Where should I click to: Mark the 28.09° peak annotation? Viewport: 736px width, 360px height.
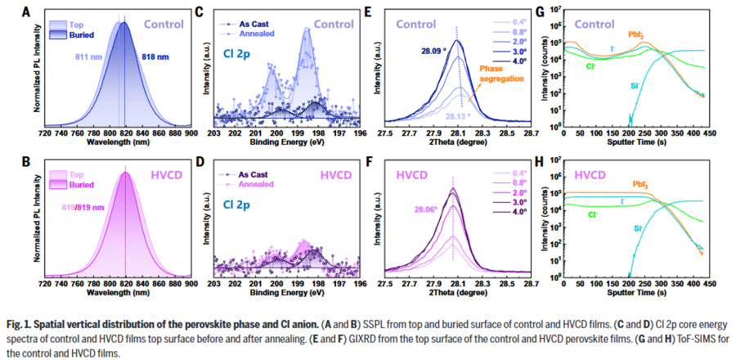pyautogui.click(x=434, y=50)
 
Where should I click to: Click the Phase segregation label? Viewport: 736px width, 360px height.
pyautogui.click(x=496, y=73)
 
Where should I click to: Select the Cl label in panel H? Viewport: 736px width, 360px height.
pyautogui.click(x=589, y=214)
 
